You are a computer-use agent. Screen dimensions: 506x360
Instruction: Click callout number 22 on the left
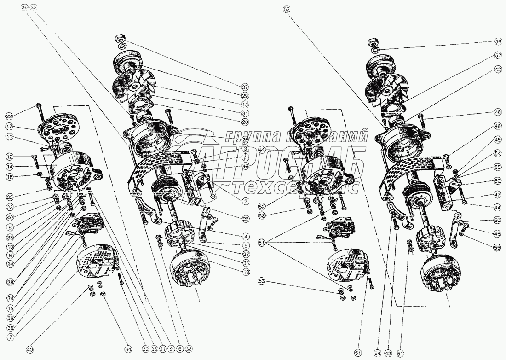9,115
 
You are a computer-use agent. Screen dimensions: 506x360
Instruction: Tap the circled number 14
9,166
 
